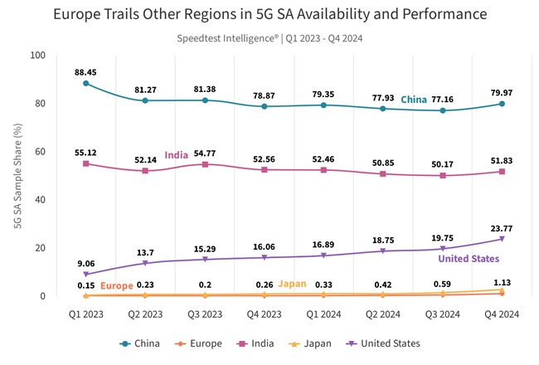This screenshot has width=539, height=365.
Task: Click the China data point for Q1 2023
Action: [x=85, y=83]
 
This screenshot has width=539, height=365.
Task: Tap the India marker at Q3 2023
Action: [x=204, y=164]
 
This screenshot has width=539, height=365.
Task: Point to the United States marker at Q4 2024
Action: [x=501, y=239]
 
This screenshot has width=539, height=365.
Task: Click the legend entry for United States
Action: [x=381, y=343]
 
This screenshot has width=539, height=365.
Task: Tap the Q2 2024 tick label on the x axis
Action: [x=382, y=314]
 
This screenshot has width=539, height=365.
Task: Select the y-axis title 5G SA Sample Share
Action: [x=17, y=176]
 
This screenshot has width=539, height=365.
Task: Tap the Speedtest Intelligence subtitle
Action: [x=269, y=38]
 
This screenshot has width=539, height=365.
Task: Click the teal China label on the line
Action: [x=414, y=100]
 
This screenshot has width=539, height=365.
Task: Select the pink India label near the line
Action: [x=176, y=155]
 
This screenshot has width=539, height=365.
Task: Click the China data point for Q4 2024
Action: [x=501, y=104]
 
